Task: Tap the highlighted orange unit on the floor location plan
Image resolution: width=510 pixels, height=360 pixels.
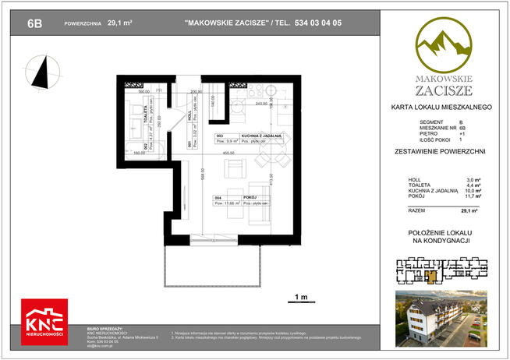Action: tap(431, 275)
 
